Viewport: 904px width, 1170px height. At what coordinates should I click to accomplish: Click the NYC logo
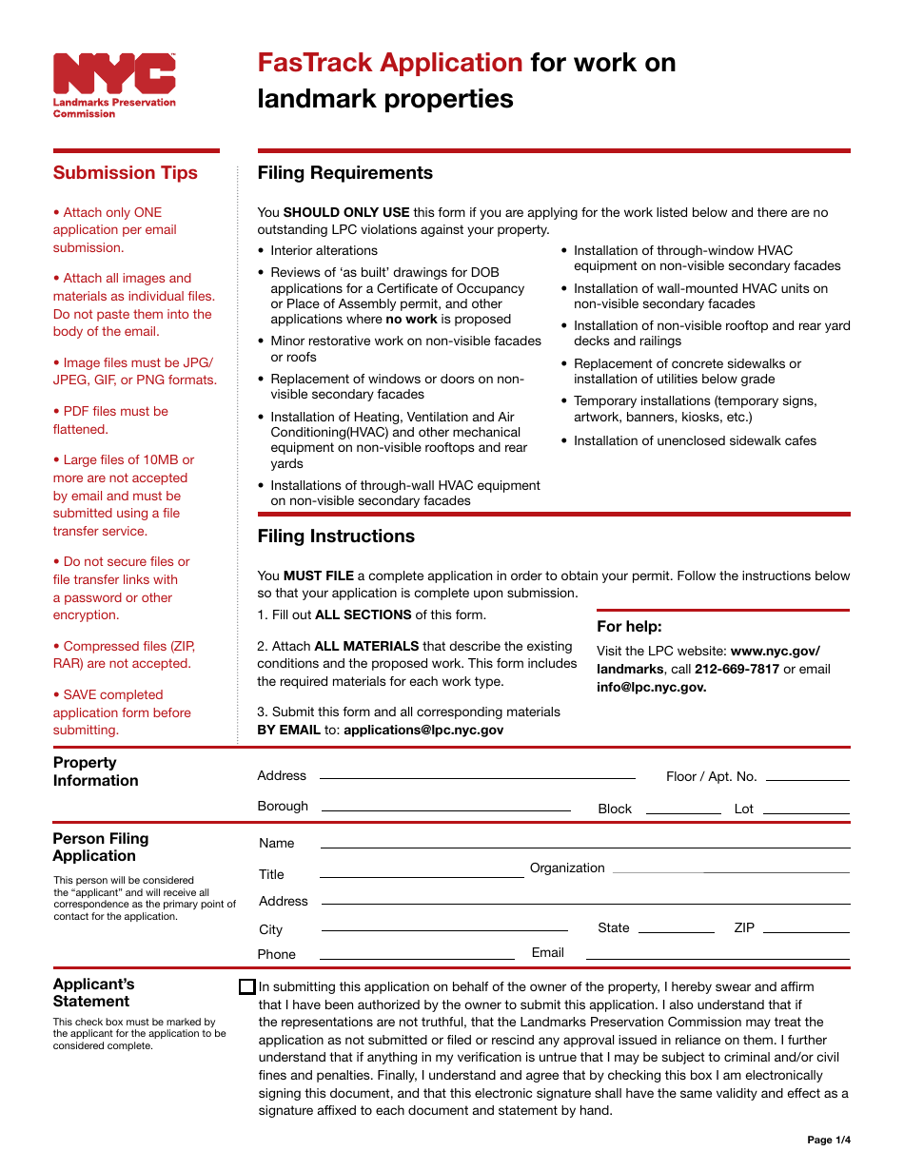(114, 74)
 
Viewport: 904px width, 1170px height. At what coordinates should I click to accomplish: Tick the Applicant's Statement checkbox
(247, 987)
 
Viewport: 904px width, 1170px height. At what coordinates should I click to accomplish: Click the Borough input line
(445, 807)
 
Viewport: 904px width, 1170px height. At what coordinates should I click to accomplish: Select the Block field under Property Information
(683, 809)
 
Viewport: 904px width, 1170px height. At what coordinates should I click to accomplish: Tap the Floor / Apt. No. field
(807, 776)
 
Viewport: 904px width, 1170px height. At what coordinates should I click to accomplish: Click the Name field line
(584, 844)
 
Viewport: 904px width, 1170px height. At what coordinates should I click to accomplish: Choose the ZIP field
(806, 928)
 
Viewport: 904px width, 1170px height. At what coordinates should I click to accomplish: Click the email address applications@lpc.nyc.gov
(423, 731)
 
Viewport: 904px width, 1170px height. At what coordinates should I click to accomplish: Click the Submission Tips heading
(126, 173)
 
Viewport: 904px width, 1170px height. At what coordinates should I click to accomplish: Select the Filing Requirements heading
(344, 173)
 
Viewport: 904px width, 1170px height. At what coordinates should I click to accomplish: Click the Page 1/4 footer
(829, 1140)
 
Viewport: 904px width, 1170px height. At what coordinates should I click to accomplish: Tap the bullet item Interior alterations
(324, 251)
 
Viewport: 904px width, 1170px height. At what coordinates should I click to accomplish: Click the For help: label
(629, 627)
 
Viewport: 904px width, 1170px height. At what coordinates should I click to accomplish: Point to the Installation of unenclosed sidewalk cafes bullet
(695, 441)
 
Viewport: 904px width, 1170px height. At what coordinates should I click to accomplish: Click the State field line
(676, 928)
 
